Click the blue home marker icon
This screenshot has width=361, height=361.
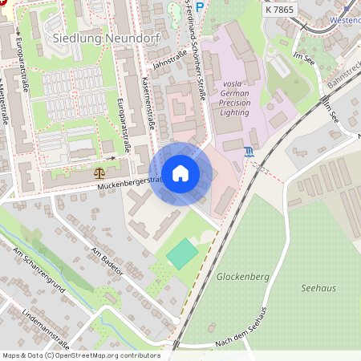pos(180,173)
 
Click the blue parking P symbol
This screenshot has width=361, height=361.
pos(201,7)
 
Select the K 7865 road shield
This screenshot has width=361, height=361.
pos(280,8)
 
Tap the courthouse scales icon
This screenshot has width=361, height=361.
pos(99,172)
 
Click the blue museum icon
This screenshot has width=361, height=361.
pos(249,152)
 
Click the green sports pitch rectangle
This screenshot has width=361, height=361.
pos(183,254)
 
